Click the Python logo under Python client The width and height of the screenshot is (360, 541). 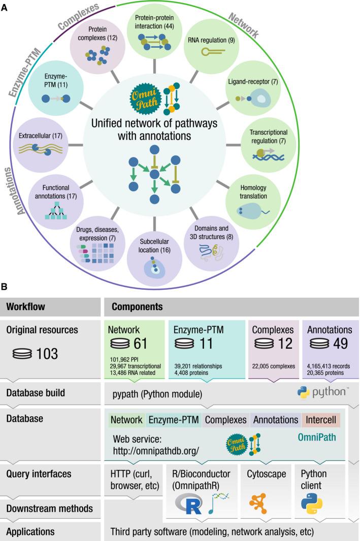click(x=311, y=502)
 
